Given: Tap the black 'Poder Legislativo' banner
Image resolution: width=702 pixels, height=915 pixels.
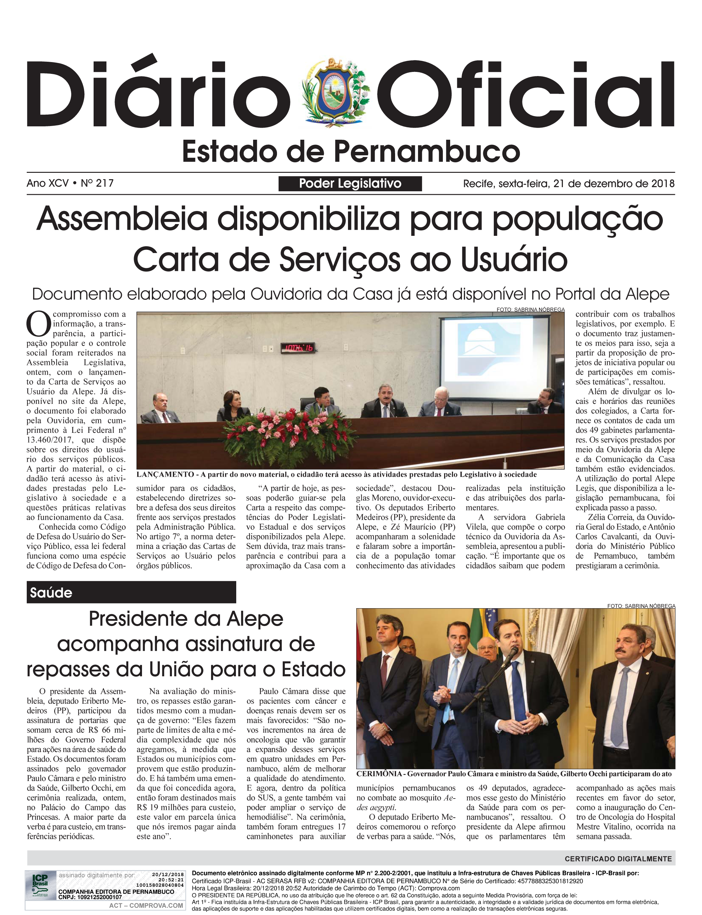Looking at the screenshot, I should (350, 184).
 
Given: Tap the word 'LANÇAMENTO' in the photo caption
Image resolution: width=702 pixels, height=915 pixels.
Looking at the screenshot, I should (165, 475).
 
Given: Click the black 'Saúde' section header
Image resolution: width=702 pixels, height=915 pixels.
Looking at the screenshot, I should (131, 592).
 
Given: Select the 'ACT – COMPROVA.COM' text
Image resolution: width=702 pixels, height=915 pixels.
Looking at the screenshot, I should (146, 905).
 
